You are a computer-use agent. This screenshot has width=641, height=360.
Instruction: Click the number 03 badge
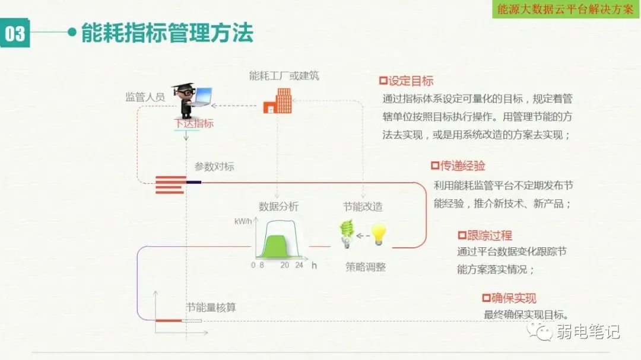(x=15, y=34)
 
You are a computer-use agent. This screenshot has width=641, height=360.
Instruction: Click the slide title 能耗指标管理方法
(x=167, y=32)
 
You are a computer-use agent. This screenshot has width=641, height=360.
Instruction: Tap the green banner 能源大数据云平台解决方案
(x=565, y=9)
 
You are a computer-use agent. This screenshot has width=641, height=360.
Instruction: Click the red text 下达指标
(x=193, y=124)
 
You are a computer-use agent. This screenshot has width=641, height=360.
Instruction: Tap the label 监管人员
(x=145, y=97)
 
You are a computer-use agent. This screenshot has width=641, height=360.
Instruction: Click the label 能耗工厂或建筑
(x=284, y=75)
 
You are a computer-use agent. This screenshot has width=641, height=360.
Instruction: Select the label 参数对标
(x=214, y=167)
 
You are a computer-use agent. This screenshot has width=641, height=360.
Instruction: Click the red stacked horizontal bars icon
(x=170, y=184)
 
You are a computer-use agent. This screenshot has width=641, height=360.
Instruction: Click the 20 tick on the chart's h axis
(x=285, y=265)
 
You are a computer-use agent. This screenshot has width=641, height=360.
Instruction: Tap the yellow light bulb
(x=378, y=235)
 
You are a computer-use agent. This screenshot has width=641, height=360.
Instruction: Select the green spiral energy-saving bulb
(x=347, y=234)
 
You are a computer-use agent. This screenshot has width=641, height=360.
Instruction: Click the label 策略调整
(x=366, y=267)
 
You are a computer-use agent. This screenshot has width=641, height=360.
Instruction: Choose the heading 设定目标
(x=410, y=81)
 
